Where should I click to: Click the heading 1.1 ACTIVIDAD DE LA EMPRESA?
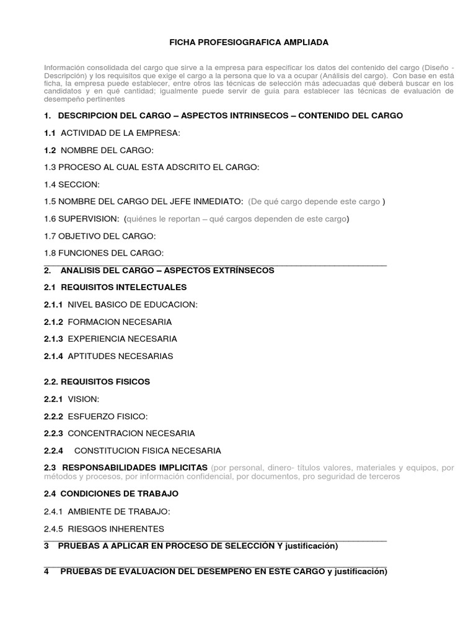coord(112,133)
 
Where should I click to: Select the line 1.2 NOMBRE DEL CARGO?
coord(99,150)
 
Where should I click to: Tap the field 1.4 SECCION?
coord(72,185)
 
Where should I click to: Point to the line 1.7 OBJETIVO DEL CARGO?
coord(100,236)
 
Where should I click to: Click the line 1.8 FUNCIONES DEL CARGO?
coord(104,253)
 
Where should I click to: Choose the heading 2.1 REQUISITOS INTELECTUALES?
coord(115,287)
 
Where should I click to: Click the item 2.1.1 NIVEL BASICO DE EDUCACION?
coord(121,304)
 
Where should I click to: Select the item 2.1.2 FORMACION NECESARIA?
coord(108,322)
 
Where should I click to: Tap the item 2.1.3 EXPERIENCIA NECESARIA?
coord(110,339)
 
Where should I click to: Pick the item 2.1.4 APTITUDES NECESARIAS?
coord(108,356)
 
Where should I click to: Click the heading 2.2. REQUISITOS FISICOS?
coord(97,381)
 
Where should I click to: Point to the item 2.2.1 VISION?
coord(71,399)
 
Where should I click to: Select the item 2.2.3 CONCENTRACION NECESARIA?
coord(120,433)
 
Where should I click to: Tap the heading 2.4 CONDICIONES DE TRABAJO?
coord(112,494)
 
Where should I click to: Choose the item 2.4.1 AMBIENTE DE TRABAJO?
coord(107,511)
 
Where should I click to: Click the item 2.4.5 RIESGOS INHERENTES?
coord(104,528)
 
